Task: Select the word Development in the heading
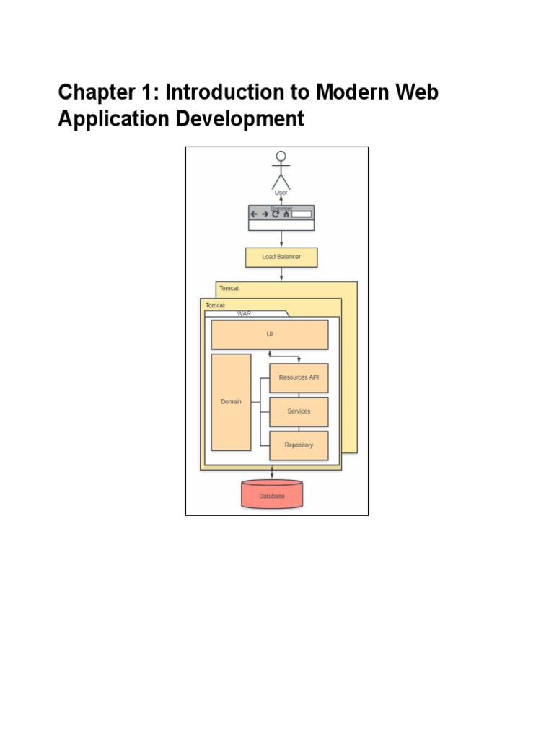point(243,119)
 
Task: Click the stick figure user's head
point(281,156)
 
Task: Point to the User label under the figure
point(281,193)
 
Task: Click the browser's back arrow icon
point(254,214)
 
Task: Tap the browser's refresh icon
point(276,214)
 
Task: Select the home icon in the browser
point(286,214)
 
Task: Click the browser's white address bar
point(302,214)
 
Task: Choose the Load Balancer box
point(281,257)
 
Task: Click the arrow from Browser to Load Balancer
point(281,239)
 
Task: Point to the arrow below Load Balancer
point(281,274)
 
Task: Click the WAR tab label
point(244,314)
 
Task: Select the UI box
point(269,334)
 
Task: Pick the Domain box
point(231,402)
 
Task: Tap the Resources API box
point(299,377)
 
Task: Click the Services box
point(299,411)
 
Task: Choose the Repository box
point(299,445)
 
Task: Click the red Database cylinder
point(272,496)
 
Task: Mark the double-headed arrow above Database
point(272,472)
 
